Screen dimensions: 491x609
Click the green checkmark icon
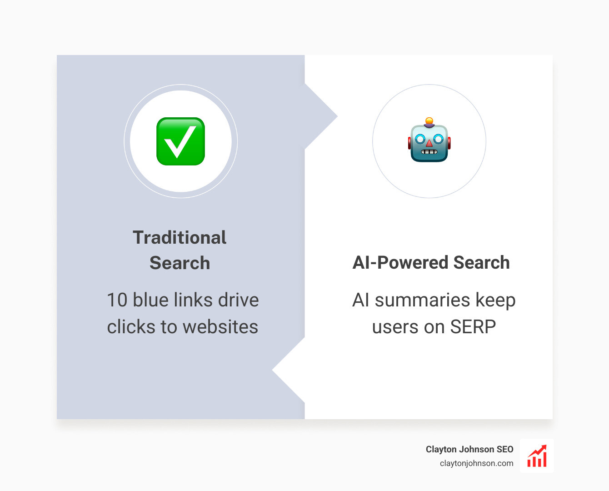pyautogui.click(x=180, y=141)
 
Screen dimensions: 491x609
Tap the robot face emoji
pyautogui.click(x=429, y=141)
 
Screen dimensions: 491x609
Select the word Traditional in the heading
pyautogui.click(x=180, y=238)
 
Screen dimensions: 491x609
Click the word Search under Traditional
pyautogui.click(x=180, y=263)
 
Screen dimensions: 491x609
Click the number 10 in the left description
pyautogui.click(x=117, y=300)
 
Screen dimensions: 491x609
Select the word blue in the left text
pyautogui.click(x=150, y=300)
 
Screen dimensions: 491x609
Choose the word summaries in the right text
pyautogui.click(x=422, y=300)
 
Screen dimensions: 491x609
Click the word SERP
pyautogui.click(x=473, y=327)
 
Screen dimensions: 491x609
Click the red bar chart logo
pyautogui.click(x=537, y=456)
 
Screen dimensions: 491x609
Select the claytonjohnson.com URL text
pyautogui.click(x=476, y=463)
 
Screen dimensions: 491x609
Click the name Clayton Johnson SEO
pyautogui.click(x=469, y=449)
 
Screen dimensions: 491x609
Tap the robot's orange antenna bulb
pyautogui.click(x=429, y=121)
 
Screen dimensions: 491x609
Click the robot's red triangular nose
pyautogui.click(x=429, y=144)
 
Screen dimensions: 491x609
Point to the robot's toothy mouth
pyautogui.click(x=429, y=152)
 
